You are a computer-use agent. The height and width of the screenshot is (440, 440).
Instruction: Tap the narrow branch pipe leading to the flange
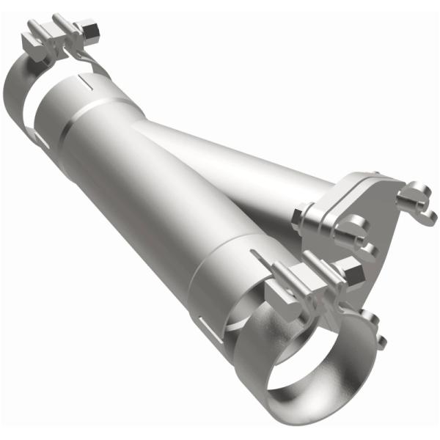point(242,169)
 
